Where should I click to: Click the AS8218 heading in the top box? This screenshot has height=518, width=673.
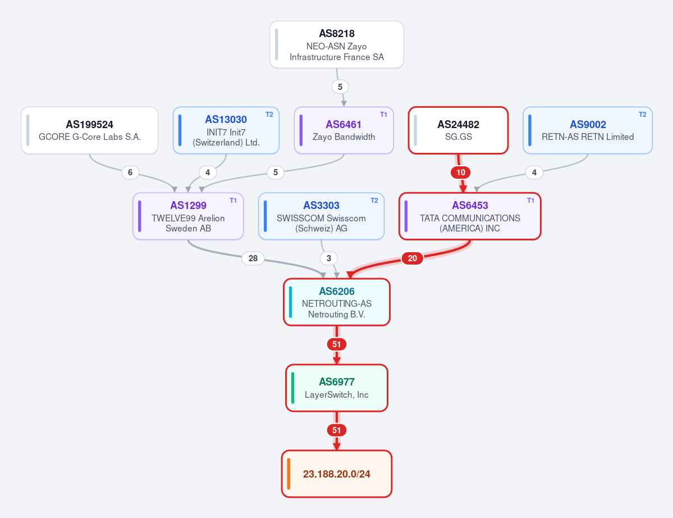tap(337, 34)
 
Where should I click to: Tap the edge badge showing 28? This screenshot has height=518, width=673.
tap(253, 258)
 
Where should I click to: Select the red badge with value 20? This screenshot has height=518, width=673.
tap(412, 258)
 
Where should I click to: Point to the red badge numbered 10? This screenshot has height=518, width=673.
tap(460, 172)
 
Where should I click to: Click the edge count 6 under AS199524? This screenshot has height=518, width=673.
tap(130, 172)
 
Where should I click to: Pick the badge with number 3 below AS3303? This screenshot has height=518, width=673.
tap(329, 258)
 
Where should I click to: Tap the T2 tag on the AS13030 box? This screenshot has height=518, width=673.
tap(269, 115)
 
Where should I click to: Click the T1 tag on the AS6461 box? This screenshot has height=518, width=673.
tap(384, 115)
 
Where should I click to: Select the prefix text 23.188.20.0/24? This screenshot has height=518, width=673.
tap(337, 474)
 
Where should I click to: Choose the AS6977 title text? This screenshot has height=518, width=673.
tap(337, 382)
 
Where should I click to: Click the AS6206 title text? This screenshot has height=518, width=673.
tap(337, 291)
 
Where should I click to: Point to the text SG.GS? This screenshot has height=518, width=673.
tap(459, 137)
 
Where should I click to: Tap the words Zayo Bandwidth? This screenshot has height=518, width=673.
tap(344, 137)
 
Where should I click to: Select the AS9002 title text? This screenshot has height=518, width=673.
tap(588, 125)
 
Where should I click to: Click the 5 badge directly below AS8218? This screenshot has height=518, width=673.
tap(340, 87)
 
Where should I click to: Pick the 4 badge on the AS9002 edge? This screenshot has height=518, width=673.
tap(534, 172)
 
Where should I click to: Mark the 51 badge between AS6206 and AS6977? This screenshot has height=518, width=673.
tap(337, 344)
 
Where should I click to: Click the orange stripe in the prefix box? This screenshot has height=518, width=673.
tap(289, 474)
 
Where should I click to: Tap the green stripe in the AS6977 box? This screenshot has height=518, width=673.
tap(293, 388)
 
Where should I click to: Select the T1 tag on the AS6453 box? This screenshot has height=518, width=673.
tap(531, 201)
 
